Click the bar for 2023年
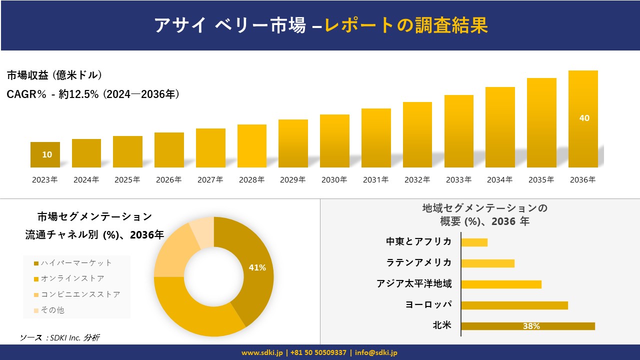click(45, 154)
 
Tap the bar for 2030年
click(334, 141)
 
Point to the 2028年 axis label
click(251, 180)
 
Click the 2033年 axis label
click(458, 180)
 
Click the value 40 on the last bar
click(584, 118)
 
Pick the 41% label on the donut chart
click(257, 268)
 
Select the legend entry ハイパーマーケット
click(76, 263)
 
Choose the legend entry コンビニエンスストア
click(80, 294)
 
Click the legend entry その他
click(52, 310)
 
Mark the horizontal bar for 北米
click(527, 326)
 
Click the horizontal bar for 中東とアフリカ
click(474, 242)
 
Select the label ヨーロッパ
click(428, 304)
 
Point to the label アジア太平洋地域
click(414, 284)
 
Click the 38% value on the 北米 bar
click(531, 326)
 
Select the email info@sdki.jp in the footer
click(376, 352)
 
